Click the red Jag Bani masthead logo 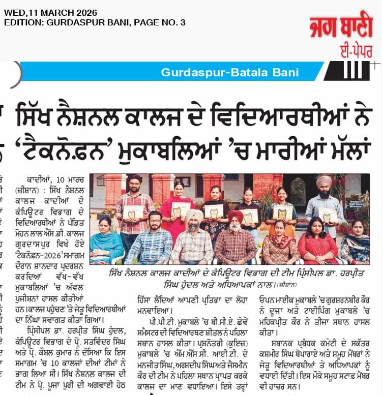(x=340, y=27)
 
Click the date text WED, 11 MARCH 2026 (x=50, y=12)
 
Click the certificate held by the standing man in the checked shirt (x=133, y=211)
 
